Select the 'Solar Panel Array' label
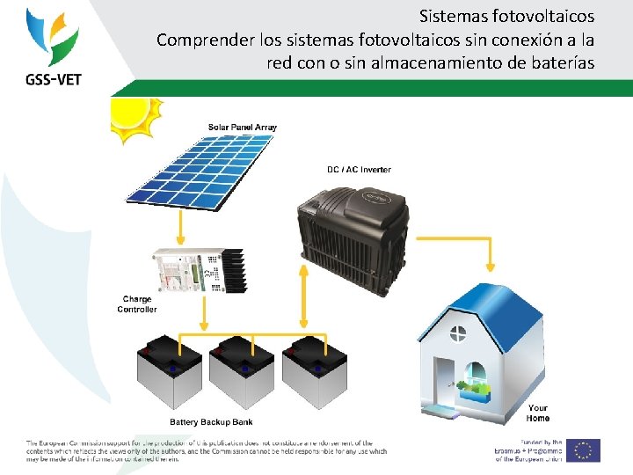(242, 128)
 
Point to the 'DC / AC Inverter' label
(359, 169)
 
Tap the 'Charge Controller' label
(137, 304)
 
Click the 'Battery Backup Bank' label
(210, 421)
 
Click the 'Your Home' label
(537, 413)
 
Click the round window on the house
(457, 333)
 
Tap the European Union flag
(584, 450)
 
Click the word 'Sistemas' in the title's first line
(448, 16)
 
